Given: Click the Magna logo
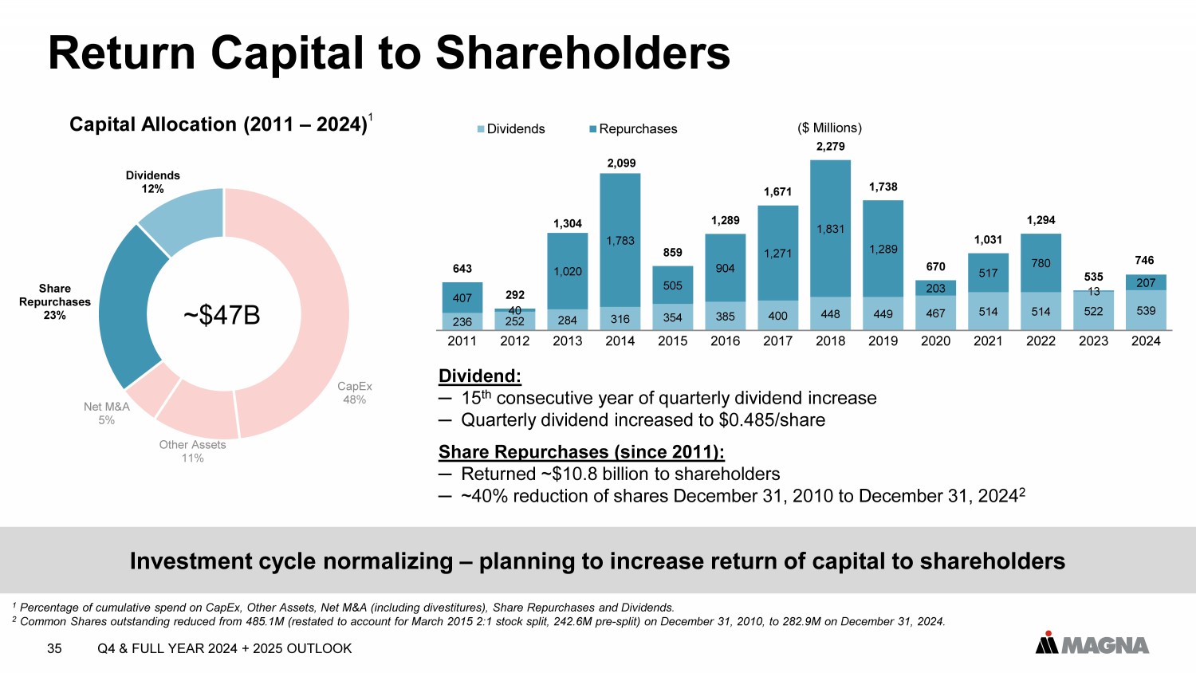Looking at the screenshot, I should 1092,643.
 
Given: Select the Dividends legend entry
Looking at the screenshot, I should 511,129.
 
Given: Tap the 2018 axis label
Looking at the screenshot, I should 830,341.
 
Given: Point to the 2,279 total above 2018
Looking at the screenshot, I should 830,147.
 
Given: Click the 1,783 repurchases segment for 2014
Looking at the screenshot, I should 620,240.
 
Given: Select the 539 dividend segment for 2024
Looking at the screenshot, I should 1146,311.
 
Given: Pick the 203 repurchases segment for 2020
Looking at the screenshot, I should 935,288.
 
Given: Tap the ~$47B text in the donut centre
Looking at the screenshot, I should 222,315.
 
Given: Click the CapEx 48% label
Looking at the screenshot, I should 355,393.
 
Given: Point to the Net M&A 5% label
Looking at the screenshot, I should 107,413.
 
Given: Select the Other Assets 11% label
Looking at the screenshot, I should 192,451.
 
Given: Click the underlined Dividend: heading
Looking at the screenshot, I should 480,376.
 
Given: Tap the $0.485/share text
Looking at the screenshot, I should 771,420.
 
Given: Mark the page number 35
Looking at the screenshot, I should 54,648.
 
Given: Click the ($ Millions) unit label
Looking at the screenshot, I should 830,128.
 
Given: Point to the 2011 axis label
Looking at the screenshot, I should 462,341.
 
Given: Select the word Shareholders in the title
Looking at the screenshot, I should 583,53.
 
